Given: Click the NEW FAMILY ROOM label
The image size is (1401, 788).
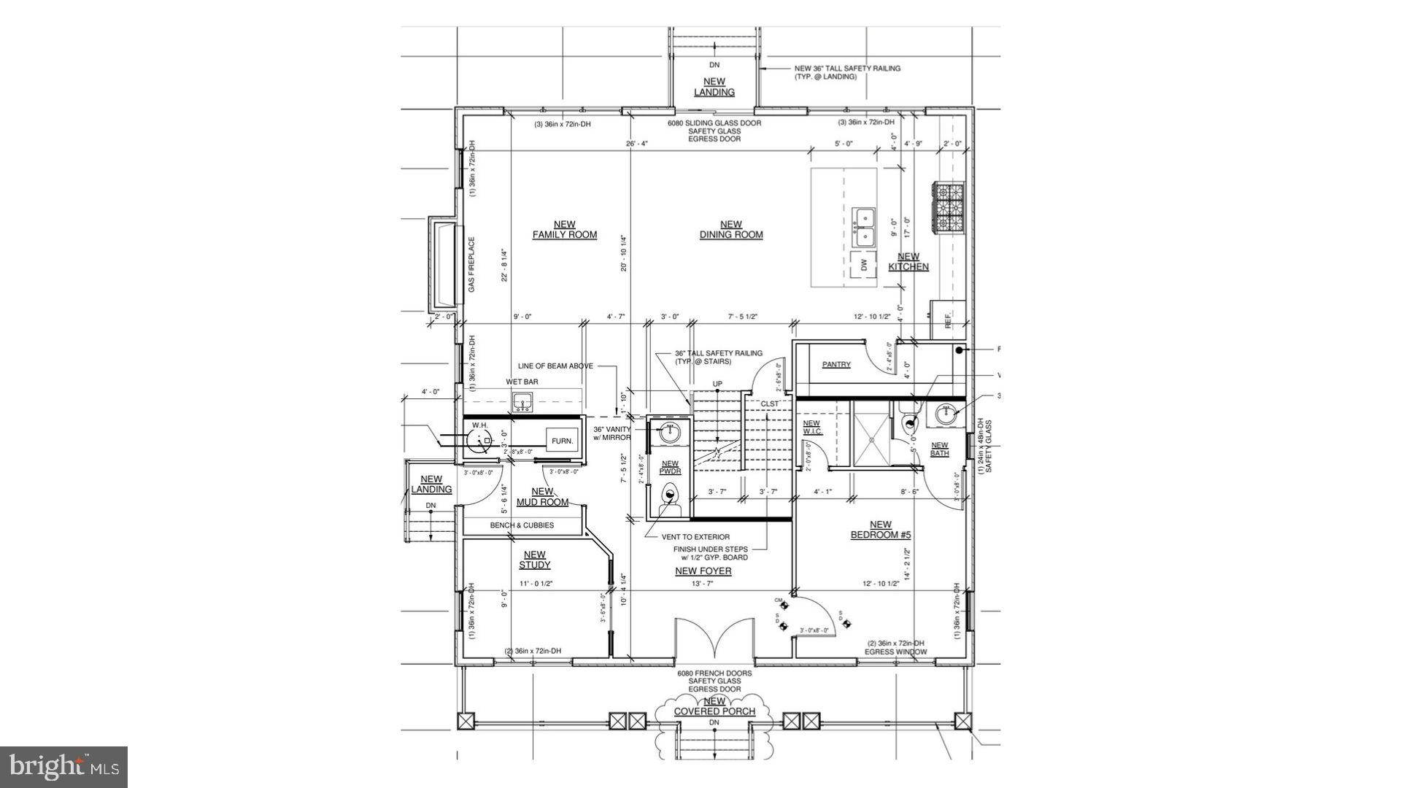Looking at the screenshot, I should click(x=564, y=230).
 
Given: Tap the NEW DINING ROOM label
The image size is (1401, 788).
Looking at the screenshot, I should click(x=730, y=230).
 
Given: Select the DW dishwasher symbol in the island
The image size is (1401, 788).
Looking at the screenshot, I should click(x=865, y=266).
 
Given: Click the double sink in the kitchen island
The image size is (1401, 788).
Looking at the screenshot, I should click(x=865, y=227).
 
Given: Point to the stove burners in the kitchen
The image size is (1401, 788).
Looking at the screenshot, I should click(x=948, y=208).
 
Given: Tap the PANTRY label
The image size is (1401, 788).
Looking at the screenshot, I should click(x=836, y=364).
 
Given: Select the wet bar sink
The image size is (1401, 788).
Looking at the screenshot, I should click(x=522, y=401).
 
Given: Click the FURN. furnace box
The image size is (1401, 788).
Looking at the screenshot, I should click(x=562, y=441).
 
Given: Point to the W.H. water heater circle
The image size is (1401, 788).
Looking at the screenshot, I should click(x=480, y=440).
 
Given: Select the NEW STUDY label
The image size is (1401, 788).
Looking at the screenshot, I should click(x=534, y=560).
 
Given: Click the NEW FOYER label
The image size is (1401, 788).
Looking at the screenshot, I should click(x=703, y=571).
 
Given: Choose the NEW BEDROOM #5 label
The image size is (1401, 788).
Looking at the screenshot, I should click(x=880, y=530).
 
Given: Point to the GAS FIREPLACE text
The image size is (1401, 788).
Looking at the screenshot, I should click(x=472, y=265).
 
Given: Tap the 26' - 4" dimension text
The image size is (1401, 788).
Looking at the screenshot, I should click(x=637, y=144).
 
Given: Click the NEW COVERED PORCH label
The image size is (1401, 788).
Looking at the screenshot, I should click(x=714, y=706).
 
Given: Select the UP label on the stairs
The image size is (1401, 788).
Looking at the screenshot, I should click(x=717, y=384).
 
